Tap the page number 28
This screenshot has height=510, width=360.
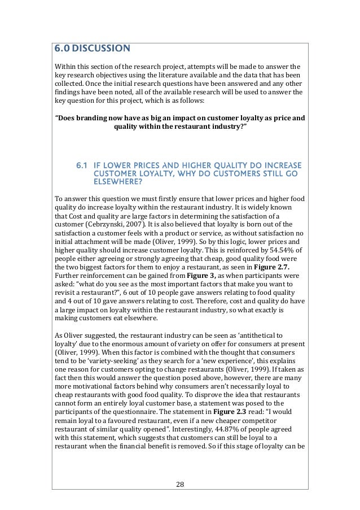coord(179,483)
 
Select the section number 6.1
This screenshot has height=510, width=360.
coord(82,165)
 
